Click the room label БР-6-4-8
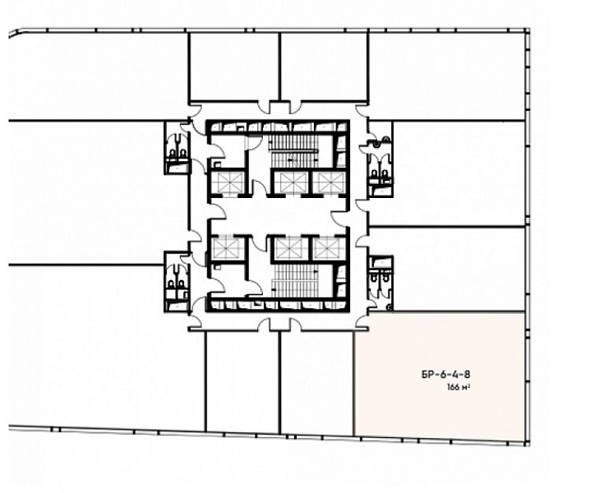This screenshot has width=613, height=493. point(445,375)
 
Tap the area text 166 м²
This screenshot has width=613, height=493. point(458,388)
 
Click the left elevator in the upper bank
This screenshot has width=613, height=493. point(228,182)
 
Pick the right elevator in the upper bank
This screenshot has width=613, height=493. point(330,182)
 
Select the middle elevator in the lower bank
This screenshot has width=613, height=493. point(290,248)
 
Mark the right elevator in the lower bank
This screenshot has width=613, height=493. point(330,248)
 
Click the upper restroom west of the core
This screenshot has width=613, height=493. point(177,148)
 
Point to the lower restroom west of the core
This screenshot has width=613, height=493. point(177,282)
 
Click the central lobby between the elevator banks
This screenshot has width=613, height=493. point(278,215)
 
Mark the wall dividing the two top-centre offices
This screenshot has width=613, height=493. point(279,67)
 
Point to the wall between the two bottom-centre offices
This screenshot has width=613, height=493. point(280,382)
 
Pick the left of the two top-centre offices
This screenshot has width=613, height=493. point(234,67)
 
